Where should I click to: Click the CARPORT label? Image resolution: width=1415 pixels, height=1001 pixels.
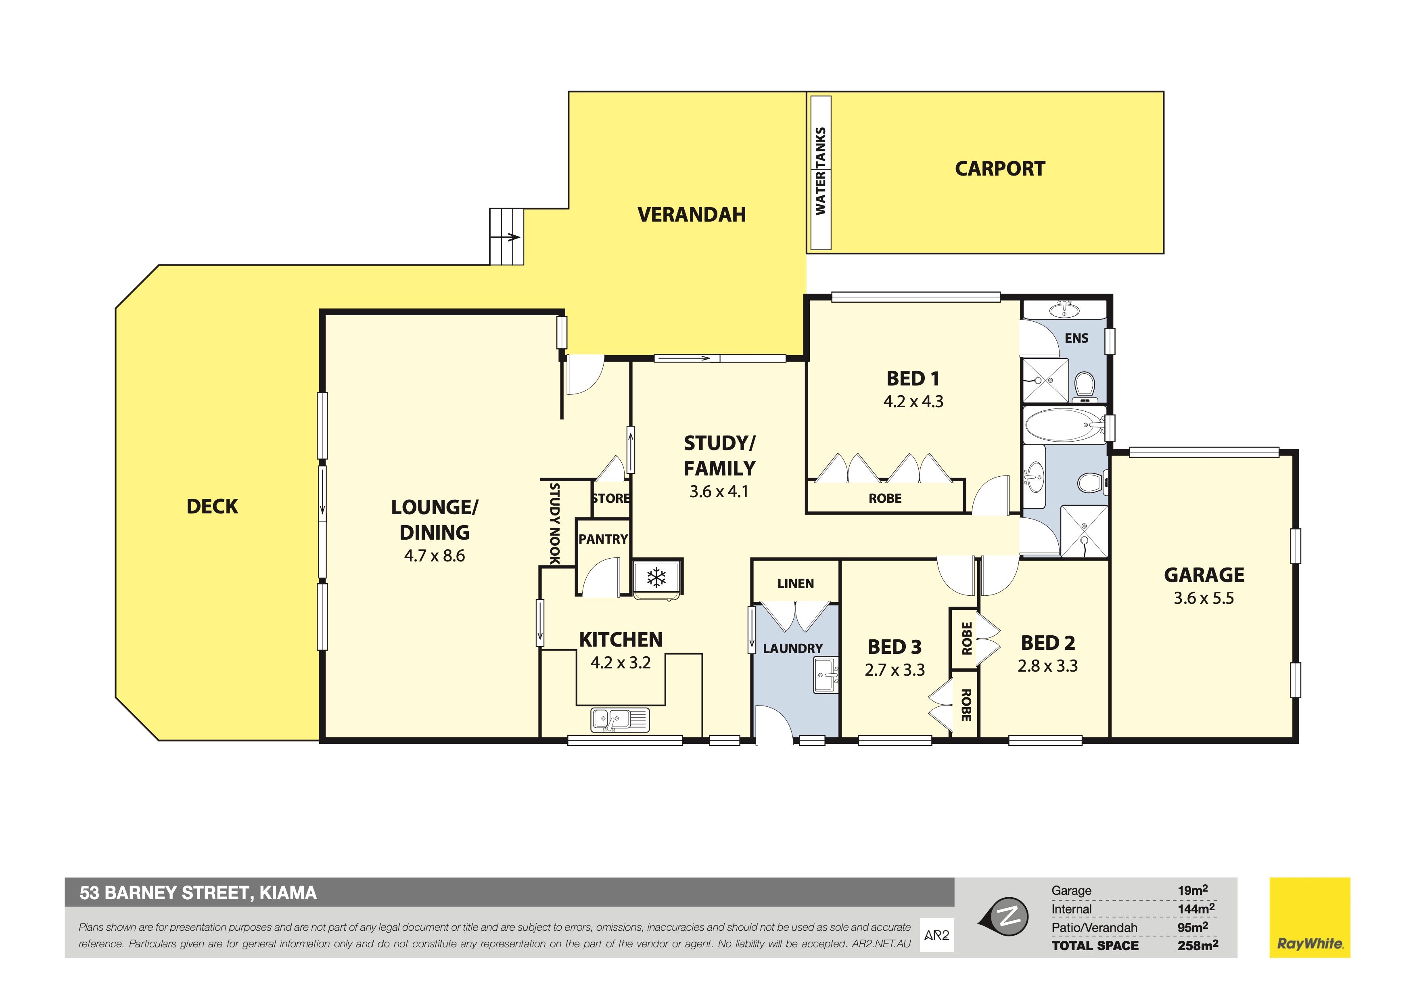tap(1000, 169)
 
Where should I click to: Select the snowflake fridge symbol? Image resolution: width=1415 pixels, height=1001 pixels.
tap(656, 578)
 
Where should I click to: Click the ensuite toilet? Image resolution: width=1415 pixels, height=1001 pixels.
tap(1084, 385)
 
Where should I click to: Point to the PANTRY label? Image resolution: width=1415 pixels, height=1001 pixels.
tap(603, 539)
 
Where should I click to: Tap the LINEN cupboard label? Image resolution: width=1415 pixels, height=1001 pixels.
tap(796, 583)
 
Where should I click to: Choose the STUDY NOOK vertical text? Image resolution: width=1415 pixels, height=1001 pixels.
tap(555, 524)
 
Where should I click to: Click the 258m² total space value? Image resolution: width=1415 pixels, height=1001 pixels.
tap(1198, 944)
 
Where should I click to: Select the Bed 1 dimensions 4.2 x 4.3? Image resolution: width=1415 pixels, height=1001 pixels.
tap(913, 402)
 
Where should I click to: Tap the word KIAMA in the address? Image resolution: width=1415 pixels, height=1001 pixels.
tap(288, 893)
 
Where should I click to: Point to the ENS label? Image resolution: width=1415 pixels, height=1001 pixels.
tap(1076, 338)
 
